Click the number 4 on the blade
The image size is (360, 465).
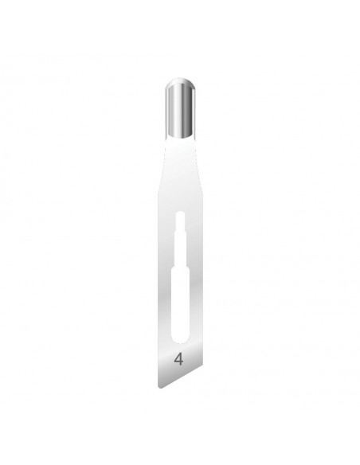178,359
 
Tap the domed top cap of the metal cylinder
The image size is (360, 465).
180,83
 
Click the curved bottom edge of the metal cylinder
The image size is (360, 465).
180,136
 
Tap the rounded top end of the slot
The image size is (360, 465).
180,213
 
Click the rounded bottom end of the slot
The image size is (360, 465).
180,339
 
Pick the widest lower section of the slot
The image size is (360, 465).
180,303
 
